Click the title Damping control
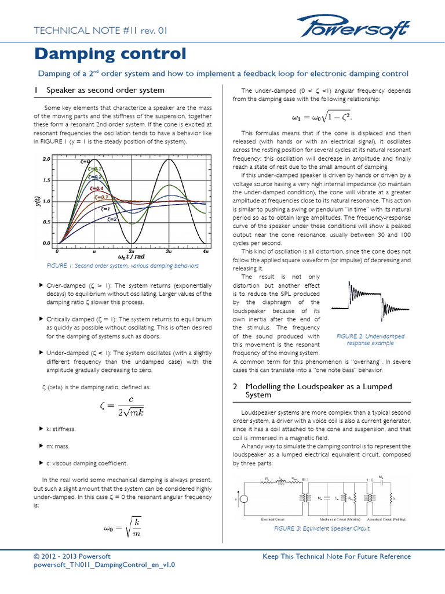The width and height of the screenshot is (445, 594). [110, 54]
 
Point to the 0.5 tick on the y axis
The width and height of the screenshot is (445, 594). [48, 222]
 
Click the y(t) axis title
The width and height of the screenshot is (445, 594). [38, 201]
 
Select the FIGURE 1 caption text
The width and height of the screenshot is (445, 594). [122, 266]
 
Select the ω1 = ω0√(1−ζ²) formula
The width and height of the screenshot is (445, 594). [321, 117]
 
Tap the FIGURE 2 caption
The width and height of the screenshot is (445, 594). [370, 340]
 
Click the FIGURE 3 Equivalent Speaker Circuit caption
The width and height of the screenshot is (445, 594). [322, 528]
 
